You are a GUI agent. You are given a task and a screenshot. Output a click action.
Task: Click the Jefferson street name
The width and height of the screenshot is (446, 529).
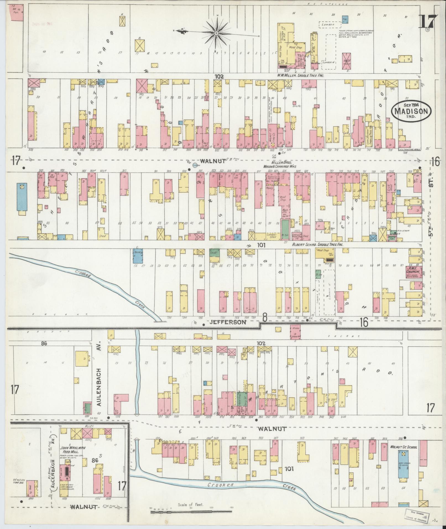coord(227,322)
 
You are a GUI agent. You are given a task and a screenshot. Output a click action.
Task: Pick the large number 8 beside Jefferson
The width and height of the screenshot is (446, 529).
coord(265,318)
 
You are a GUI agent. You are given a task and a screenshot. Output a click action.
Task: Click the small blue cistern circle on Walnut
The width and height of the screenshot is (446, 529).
coord(195,166)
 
